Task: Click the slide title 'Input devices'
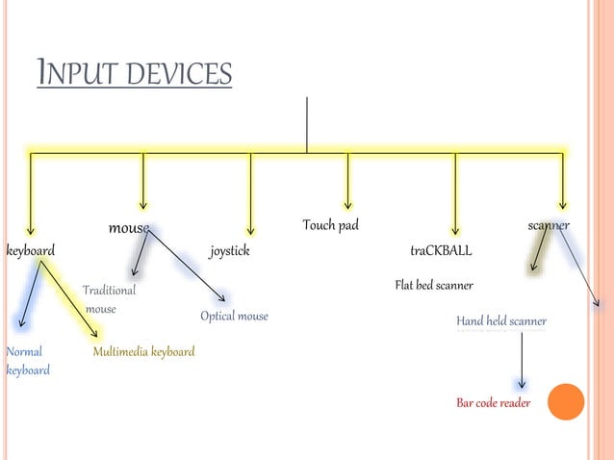pos(134,73)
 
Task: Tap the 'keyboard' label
pos(31,251)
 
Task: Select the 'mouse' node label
pos(128,229)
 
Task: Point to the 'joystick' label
pos(229,251)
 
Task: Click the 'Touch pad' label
pos(330,226)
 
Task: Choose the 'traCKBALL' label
pos(441,251)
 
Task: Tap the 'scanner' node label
pos(549,226)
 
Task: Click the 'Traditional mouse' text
pos(108,299)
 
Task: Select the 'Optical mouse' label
pos(234,317)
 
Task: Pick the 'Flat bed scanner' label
pos(434,286)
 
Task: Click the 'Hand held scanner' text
pos(501,321)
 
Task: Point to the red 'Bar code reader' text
pos(493,403)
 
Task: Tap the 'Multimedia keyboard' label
pos(143,352)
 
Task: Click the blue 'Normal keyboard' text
pos(27,361)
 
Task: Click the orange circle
pos(566,401)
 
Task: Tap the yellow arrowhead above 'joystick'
pos(250,229)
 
